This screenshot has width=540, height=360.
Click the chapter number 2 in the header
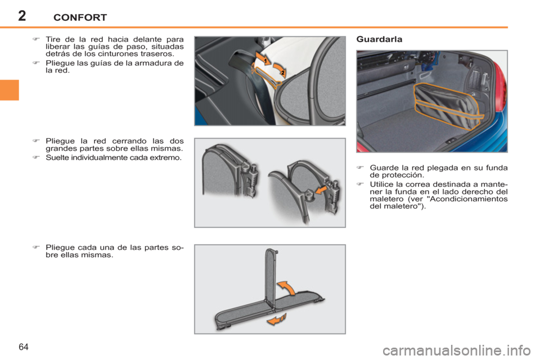22,16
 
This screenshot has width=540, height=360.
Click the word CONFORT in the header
80,17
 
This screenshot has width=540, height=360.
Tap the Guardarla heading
379,39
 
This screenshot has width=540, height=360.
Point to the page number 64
24,347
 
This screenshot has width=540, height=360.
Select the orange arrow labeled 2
280,70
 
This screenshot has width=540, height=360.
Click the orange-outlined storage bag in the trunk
448,105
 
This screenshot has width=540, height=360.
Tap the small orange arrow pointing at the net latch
321,190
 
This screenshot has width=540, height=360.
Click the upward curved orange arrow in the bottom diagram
286,288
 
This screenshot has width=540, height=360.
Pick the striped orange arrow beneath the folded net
277,319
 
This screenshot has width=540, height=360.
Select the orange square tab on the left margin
10,90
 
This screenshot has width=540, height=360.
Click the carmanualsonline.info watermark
457,351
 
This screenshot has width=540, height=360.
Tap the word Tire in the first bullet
52,39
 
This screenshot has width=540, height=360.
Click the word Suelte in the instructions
56,157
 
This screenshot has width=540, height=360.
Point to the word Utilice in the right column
382,184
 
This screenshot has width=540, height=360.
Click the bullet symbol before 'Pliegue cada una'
36,247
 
